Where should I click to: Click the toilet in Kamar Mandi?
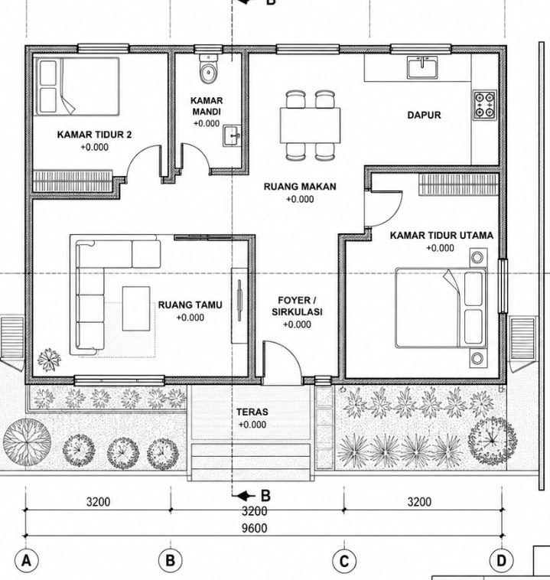(208, 69)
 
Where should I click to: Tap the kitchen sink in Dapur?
(422, 67)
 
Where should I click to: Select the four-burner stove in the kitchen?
(485, 105)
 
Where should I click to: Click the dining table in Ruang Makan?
(310, 125)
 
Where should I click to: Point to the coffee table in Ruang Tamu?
(136, 308)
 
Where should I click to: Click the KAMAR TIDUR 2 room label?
(94, 135)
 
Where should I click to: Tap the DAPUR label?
(425, 115)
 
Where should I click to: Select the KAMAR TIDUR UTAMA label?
(441, 235)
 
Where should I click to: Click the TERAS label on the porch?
(252, 412)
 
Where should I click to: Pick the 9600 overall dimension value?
(255, 528)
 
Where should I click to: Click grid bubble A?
(26, 561)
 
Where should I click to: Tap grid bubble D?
(502, 561)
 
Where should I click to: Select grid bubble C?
(344, 561)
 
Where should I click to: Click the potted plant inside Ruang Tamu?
(49, 360)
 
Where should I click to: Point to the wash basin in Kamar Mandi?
(232, 135)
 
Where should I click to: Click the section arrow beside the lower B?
(247, 496)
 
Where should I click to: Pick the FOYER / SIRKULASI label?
(297, 306)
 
